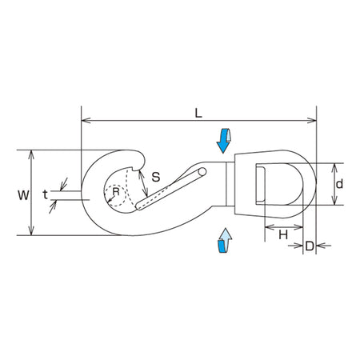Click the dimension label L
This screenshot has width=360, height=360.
click(x=198, y=114)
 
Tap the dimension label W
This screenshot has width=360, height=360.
click(x=23, y=195)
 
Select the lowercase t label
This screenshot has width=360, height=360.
click(x=45, y=194)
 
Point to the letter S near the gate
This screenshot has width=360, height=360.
click(x=156, y=177)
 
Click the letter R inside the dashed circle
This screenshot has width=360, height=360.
click(x=116, y=191)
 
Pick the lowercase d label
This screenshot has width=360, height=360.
click(x=339, y=184)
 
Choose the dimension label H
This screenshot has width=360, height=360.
click(x=283, y=235)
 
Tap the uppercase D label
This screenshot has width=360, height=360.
click(x=310, y=246)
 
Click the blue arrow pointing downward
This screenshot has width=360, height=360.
click(x=223, y=141)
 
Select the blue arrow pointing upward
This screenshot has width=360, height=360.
click(x=225, y=240)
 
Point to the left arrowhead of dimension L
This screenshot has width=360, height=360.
click(x=86, y=121)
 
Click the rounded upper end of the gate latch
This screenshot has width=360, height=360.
click(x=202, y=172)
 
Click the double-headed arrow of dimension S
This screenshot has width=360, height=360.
click(x=143, y=183)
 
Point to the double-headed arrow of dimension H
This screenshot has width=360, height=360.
click(x=284, y=227)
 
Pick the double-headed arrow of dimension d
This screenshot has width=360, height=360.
click(x=334, y=184)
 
